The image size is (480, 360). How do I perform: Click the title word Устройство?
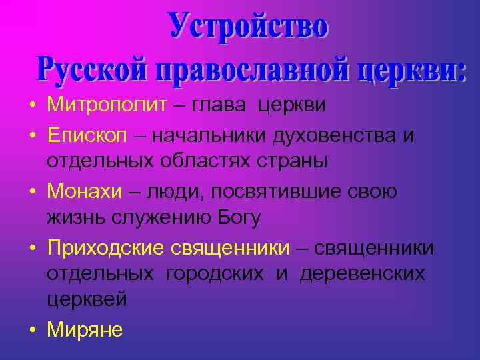pyautogui.click(x=248, y=27)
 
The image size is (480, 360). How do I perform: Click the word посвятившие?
pyautogui.click(x=289, y=191)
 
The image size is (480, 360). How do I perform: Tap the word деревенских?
pyautogui.click(x=361, y=274)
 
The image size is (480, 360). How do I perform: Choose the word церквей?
pyautogui.click(x=87, y=300)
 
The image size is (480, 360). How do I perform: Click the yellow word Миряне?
pyautogui.click(x=85, y=330)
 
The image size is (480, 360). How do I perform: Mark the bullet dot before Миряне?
pyautogui.click(x=31, y=330)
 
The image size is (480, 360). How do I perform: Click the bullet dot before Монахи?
pyautogui.click(x=31, y=192)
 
